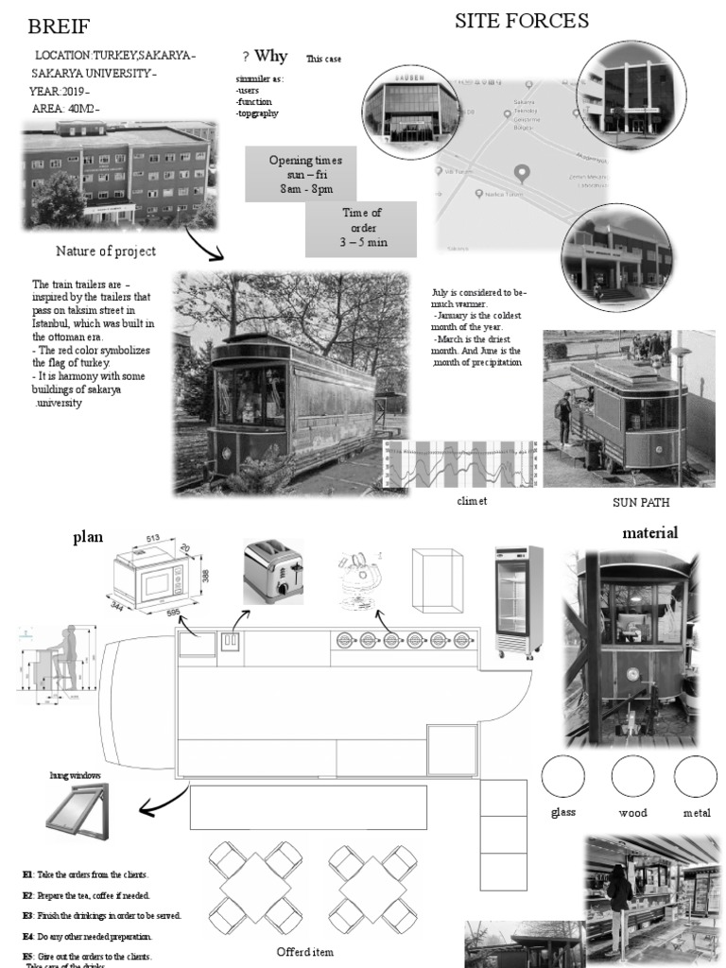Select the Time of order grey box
(361, 228)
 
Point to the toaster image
(273, 571)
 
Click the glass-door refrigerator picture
(519, 601)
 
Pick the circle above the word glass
(562, 777)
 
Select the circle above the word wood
(632, 777)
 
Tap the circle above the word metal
(695, 777)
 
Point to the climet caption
(472, 501)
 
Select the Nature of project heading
(106, 251)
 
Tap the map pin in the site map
(519, 173)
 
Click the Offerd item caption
(304, 951)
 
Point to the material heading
(649, 533)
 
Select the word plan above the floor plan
(88, 538)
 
